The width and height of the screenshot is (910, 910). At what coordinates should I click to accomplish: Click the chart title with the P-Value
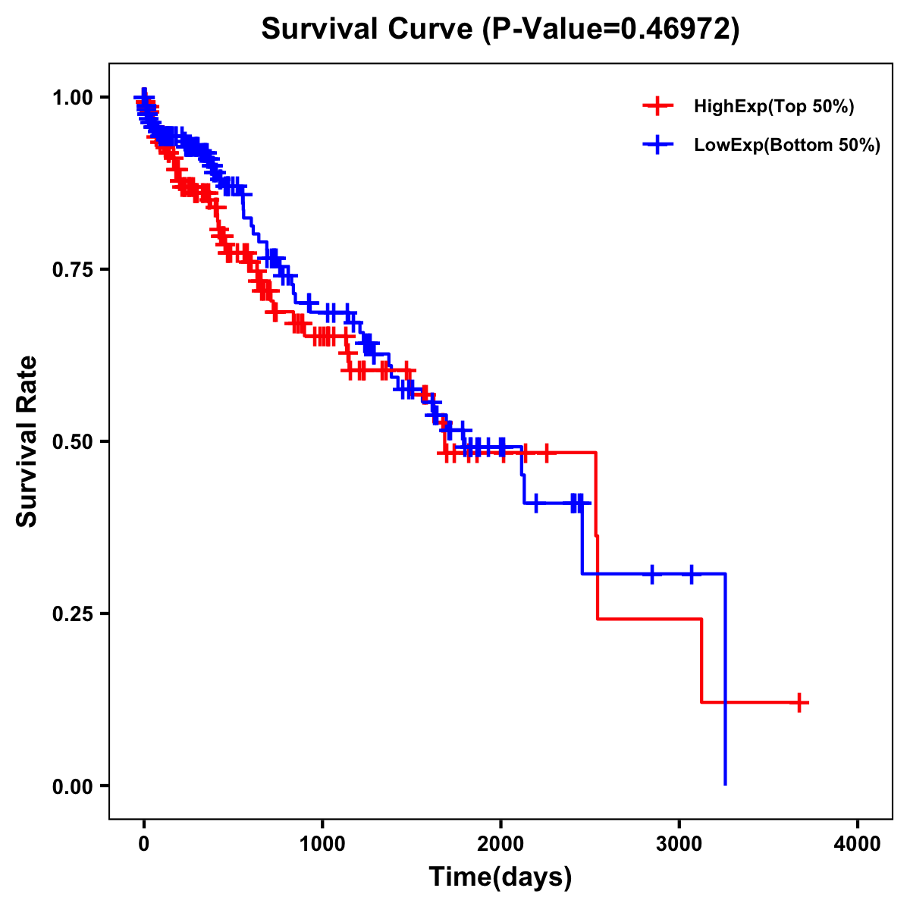500,29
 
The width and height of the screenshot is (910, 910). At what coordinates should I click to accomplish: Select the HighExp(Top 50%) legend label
774,107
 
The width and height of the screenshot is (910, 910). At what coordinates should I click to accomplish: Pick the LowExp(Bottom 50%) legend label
787,145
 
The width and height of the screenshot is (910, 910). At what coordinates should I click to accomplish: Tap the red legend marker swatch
657,106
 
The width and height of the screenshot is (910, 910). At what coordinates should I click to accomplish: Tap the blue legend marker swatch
657,145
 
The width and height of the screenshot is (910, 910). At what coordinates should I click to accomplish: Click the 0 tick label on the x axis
143,844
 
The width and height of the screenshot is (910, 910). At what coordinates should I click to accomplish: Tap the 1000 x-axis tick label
322,844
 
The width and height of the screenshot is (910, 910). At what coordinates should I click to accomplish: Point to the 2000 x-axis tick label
500,844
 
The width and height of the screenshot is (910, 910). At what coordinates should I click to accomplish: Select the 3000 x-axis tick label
679,844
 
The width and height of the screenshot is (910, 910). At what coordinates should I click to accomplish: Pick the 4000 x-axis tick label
858,844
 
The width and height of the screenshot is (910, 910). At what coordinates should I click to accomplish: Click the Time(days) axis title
500,877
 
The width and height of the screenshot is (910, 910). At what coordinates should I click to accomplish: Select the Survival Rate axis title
27,441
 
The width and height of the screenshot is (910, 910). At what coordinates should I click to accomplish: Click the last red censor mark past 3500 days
799,702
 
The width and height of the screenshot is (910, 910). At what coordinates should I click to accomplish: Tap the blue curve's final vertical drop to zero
726,682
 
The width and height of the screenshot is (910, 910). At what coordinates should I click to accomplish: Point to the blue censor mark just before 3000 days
651,574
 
